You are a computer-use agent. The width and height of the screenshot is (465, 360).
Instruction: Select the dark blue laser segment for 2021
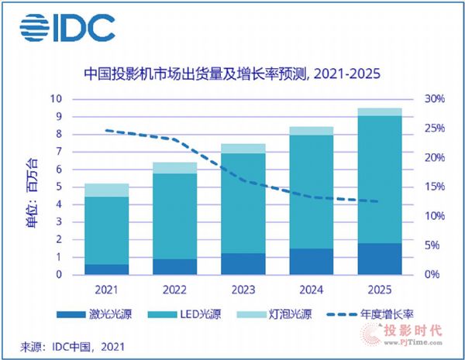[x=106, y=269]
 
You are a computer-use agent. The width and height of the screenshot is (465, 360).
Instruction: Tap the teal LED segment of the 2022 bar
[x=176, y=216]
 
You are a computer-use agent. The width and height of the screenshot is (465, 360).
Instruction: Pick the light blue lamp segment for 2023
[x=243, y=148]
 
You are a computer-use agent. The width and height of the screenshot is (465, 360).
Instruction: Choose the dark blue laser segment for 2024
[x=312, y=261]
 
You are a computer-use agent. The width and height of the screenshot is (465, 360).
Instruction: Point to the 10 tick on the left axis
[x=56, y=99]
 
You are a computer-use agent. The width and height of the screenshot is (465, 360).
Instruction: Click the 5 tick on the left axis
[x=58, y=187]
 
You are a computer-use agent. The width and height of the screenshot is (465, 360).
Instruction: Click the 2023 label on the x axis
[x=243, y=290]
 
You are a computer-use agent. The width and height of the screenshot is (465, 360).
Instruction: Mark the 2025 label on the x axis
[x=380, y=290]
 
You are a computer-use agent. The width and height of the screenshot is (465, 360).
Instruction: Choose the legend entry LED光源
[x=201, y=315]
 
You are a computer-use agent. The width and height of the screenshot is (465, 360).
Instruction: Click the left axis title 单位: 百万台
[x=31, y=186]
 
